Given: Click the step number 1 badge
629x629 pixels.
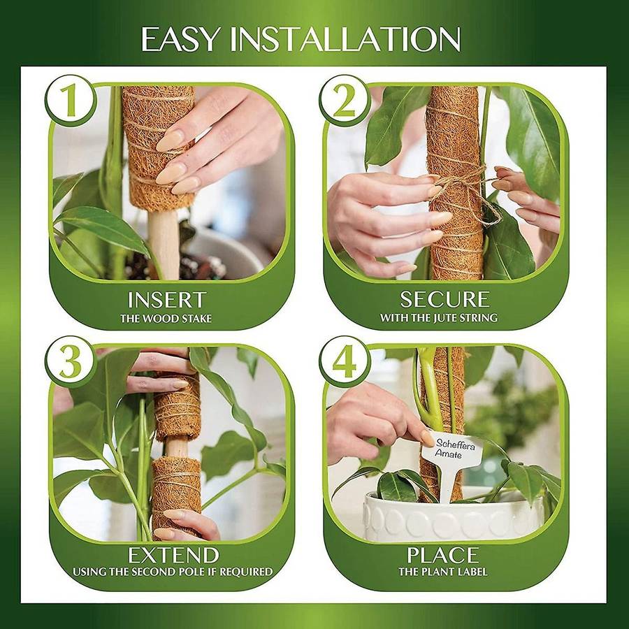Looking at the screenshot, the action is pyautogui.click(x=71, y=100).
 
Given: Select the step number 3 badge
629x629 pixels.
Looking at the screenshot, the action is pyautogui.click(x=71, y=361).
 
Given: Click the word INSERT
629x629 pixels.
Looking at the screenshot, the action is pyautogui.click(x=167, y=300).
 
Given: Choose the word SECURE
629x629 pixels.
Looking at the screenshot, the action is pyautogui.click(x=445, y=299).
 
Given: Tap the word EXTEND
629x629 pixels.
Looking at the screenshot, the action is pyautogui.click(x=173, y=556).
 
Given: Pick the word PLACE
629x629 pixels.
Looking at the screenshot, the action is pyautogui.click(x=443, y=556).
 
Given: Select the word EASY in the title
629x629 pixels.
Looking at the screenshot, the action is pyautogui.click(x=180, y=39).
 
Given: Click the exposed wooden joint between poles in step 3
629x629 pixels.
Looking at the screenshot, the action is pyautogui.click(x=176, y=449).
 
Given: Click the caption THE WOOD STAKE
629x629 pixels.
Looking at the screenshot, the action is pyautogui.click(x=166, y=319).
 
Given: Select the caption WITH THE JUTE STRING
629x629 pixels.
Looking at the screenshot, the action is pyautogui.click(x=438, y=318).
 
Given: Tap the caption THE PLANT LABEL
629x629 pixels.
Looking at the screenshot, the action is pyautogui.click(x=443, y=572).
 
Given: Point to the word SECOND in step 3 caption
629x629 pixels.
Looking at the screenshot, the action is pyautogui.click(x=159, y=572).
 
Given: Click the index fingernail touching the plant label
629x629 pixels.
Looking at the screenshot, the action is pyautogui.click(x=427, y=438).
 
